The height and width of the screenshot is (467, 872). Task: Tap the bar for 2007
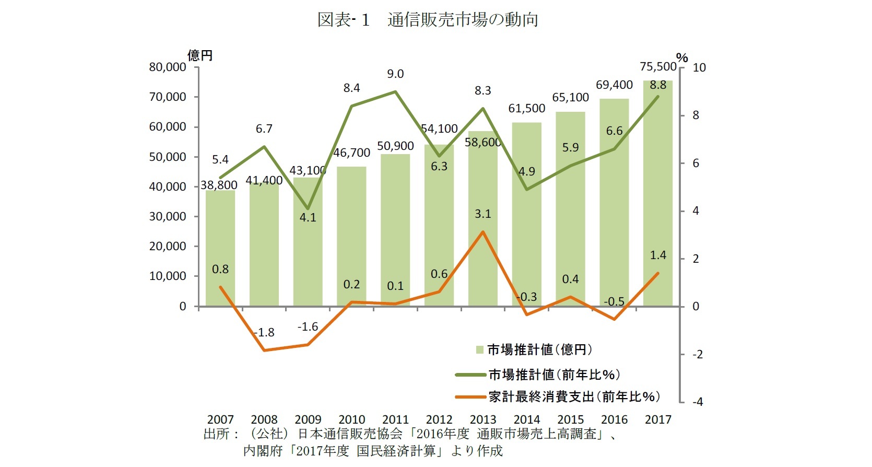pos(220,251)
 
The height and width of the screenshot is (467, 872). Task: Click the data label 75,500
pos(658,67)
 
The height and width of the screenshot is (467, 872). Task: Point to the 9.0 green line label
pos(395,74)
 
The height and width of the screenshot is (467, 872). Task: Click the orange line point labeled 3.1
pos(483,232)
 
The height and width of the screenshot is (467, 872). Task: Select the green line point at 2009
pos(308,208)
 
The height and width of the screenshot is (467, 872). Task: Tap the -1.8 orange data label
pos(264,333)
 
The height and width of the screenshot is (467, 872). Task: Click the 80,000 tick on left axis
pos(167,67)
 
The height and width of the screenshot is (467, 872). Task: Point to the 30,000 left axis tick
pos(167,217)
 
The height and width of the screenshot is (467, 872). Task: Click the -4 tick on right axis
pos(698,402)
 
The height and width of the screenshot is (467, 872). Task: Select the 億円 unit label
pos(200,55)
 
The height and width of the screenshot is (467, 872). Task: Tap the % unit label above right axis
pos(682,57)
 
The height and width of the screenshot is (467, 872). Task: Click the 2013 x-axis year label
pos(483,419)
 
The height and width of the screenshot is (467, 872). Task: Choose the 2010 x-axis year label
pos(351,419)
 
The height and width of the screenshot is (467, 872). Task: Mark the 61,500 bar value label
pos(526,109)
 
